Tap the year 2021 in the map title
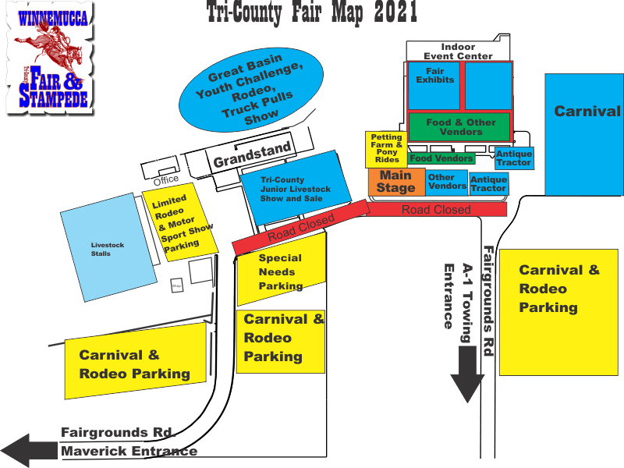390,13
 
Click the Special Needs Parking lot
281,272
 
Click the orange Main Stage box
396,183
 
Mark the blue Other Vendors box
447,182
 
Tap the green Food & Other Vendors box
460,127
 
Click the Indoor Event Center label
458,51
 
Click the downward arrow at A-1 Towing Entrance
468,374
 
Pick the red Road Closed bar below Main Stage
437,209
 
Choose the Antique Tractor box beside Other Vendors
489,184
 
